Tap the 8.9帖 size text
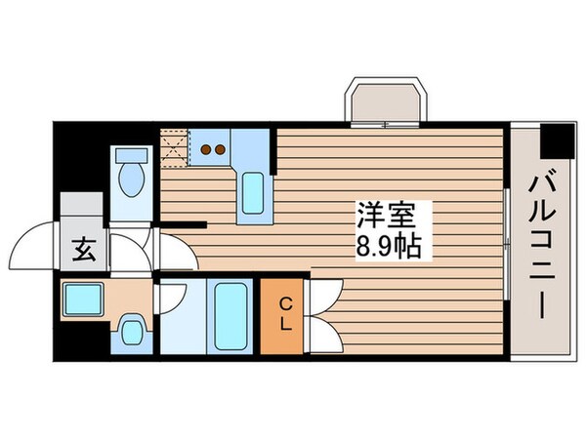pyautogui.click(x=389, y=246)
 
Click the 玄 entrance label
pyautogui.click(x=82, y=251)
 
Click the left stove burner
pyautogui.click(x=206, y=149)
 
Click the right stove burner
pyautogui.click(x=222, y=149)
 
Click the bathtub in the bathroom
pyautogui.click(x=229, y=314)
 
